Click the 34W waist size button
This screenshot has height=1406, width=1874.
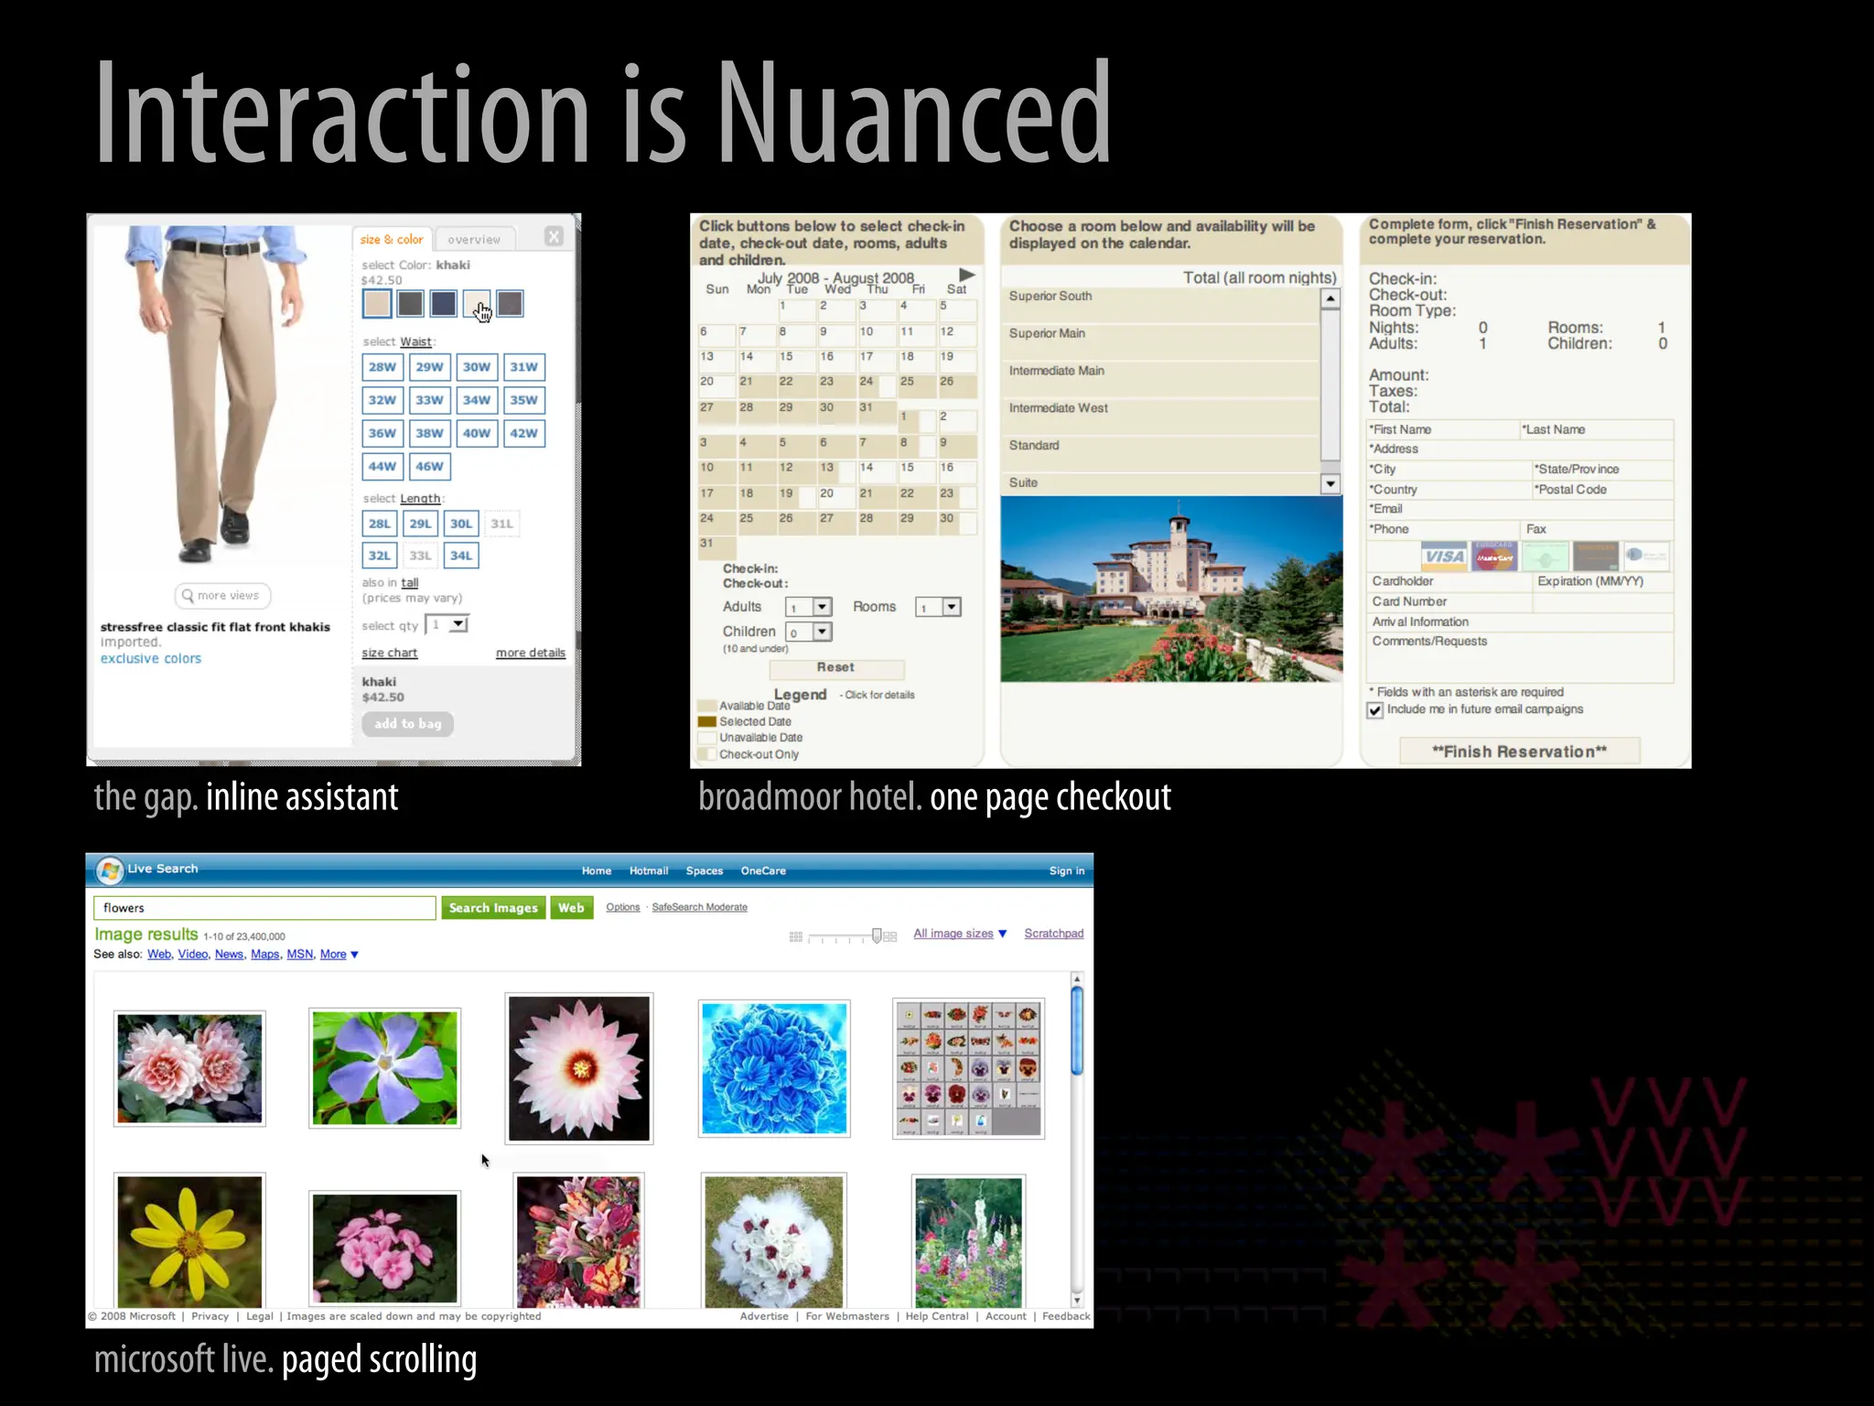[x=476, y=400]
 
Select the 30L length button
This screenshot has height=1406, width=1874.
[x=461, y=524]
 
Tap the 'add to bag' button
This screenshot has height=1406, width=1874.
[x=407, y=723]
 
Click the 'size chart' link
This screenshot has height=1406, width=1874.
[x=389, y=653]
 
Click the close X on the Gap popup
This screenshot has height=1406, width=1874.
[x=554, y=237]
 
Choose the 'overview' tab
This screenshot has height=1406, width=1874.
[x=474, y=239]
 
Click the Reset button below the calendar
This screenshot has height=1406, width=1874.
[x=835, y=668]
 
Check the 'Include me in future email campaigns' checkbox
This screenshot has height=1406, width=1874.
[x=1374, y=710]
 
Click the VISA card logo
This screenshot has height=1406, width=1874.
[x=1444, y=557]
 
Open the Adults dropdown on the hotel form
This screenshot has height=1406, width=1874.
[x=822, y=607]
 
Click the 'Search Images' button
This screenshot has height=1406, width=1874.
[x=493, y=907]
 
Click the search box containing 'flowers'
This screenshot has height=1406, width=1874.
[x=264, y=907]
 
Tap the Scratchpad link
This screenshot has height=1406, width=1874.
[x=1053, y=933]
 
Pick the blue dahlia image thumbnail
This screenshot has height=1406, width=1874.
[x=774, y=1068]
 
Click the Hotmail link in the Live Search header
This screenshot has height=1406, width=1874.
[x=649, y=871]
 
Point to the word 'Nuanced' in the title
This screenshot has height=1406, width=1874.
[x=913, y=114]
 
